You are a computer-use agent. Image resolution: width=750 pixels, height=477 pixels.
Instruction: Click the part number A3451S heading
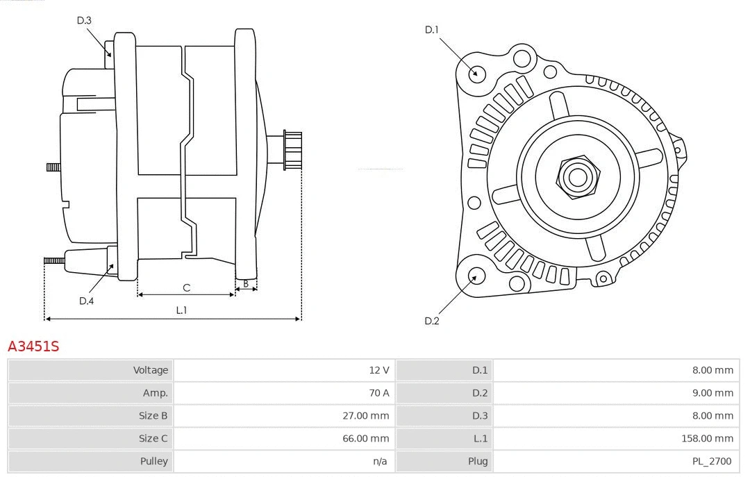[33, 346]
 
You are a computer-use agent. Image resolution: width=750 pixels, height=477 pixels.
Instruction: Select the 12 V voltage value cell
[379, 370]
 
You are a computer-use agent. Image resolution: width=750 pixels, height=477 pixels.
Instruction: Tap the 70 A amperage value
[379, 393]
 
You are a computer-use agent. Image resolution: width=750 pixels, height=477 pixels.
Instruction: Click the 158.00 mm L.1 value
[708, 438]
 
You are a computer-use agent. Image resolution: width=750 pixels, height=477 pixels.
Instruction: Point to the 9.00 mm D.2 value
[712, 393]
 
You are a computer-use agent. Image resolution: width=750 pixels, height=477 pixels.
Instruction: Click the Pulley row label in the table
[153, 461]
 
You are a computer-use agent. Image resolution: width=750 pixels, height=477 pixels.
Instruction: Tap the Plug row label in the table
[478, 461]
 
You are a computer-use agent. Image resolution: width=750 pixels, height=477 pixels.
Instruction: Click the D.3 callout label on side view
[84, 20]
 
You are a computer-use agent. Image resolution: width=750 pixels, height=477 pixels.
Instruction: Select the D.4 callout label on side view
[86, 301]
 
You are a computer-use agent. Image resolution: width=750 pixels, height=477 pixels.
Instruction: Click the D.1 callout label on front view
[432, 29]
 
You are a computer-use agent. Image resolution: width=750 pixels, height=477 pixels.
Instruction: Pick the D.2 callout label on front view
[432, 321]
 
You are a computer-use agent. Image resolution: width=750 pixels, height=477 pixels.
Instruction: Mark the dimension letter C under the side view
[186, 287]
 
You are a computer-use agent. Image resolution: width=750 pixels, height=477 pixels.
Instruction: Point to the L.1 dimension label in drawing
[181, 310]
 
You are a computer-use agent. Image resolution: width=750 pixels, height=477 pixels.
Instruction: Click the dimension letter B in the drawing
[246, 283]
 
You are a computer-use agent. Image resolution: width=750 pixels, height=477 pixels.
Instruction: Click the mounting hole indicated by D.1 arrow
[476, 73]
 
